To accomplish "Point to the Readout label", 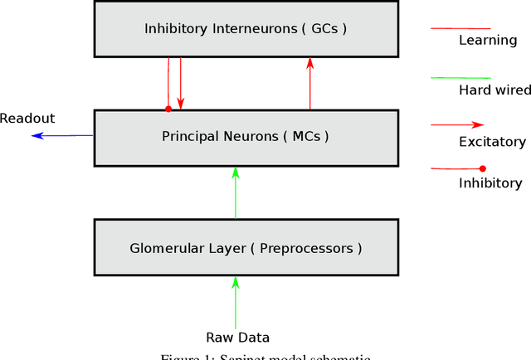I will pyautogui.click(x=27, y=119).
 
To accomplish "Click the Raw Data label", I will pyautogui.click(x=237, y=337).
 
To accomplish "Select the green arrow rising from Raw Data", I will pyautogui.click(x=236, y=302).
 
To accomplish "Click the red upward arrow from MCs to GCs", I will pyautogui.click(x=310, y=83).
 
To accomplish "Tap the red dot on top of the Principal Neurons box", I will pyautogui.click(x=168, y=108).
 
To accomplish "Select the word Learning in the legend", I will pyautogui.click(x=487, y=40).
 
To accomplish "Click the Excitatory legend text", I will pyautogui.click(x=492, y=142).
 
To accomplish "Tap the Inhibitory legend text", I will pyautogui.click(x=490, y=183).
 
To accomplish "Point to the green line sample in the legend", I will pyautogui.click(x=457, y=78).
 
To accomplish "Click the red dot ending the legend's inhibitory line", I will pyautogui.click(x=483, y=169).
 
